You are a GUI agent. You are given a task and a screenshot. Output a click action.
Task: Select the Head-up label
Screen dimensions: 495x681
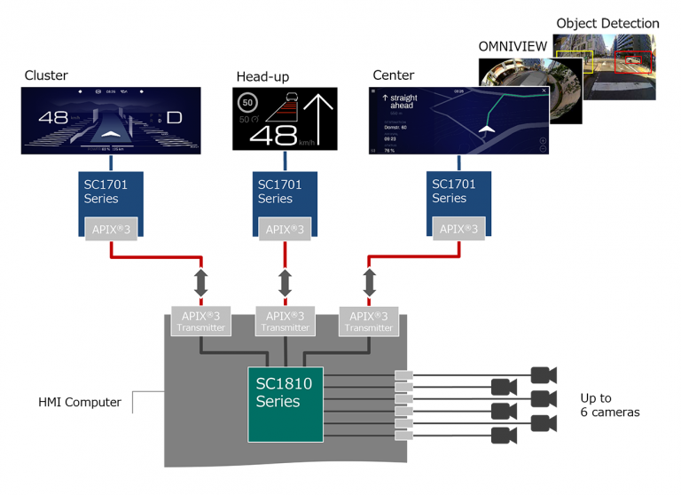[x=262, y=76]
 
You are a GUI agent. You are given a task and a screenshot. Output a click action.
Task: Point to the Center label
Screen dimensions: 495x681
[x=394, y=76]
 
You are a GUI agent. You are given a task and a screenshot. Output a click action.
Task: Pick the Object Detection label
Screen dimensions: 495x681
[x=607, y=24]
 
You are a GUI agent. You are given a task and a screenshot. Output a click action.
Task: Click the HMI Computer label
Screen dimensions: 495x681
[x=80, y=402]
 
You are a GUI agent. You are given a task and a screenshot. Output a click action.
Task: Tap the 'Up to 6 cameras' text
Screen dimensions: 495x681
[x=608, y=405]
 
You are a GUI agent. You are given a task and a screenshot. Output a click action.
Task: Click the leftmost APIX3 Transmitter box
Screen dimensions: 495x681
[x=201, y=321]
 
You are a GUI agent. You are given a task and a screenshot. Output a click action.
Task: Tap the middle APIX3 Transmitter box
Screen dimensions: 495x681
[x=285, y=321]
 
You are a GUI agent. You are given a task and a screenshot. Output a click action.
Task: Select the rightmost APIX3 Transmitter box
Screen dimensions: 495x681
[x=368, y=321]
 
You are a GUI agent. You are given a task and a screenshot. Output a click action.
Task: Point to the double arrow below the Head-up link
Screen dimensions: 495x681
[x=285, y=284]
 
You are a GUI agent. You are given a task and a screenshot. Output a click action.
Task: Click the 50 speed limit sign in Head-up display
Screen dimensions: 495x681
[x=248, y=104]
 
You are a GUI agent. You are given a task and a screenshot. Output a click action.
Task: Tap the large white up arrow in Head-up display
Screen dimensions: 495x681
[x=317, y=121]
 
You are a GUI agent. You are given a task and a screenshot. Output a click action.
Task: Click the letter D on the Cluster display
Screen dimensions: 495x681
[x=174, y=118]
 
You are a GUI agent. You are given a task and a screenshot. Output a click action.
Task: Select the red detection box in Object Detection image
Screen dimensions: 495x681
[x=632, y=62]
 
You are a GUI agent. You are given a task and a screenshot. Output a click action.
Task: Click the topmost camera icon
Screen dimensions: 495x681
[x=543, y=374]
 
